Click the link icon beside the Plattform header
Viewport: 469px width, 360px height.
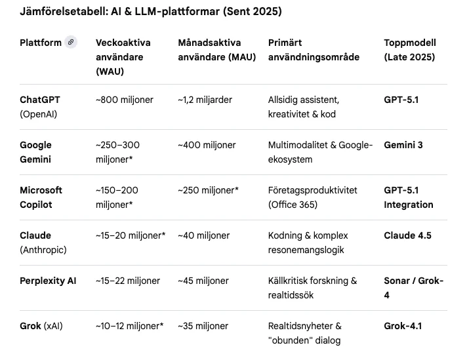71,43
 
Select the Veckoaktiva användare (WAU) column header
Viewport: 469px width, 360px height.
123,57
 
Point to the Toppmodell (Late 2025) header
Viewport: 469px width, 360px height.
410,50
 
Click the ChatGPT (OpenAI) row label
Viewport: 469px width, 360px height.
41,107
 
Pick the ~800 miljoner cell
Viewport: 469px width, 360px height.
125,100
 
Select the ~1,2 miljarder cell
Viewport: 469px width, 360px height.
205,100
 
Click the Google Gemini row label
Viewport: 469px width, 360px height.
36,152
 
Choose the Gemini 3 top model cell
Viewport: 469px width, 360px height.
403,145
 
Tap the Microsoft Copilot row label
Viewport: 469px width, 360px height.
41,197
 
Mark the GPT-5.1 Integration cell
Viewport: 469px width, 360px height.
409,197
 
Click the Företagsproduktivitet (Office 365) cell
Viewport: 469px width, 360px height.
313,197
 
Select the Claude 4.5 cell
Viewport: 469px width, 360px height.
407,235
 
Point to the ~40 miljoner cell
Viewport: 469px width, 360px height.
203,235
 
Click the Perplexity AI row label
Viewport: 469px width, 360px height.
48,281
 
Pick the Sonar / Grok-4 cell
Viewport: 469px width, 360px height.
413,288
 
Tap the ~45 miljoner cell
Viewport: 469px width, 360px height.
203,281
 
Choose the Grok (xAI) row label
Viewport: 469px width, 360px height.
41,326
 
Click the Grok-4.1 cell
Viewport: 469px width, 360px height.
403,326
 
